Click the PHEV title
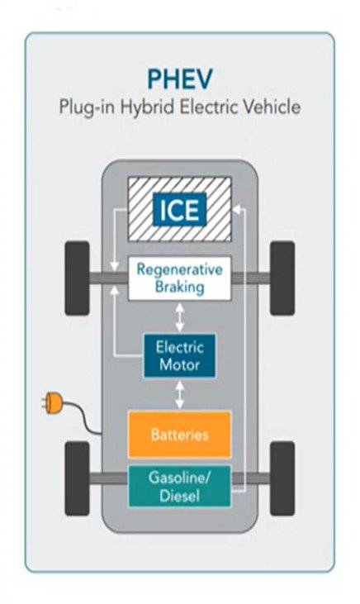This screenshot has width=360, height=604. pos(180,79)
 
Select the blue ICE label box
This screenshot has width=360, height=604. pos(179,210)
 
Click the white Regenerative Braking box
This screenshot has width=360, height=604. pos(179,278)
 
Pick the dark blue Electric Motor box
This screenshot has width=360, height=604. pos(179,356)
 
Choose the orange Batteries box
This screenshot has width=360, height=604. pos(179,434)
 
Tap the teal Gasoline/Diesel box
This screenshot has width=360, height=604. pos(179,486)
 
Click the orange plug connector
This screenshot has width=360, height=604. pos(52,403)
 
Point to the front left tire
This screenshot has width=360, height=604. pos(77,278)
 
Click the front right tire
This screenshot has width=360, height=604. pos(282,278)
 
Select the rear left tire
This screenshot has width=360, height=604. pos(77,478)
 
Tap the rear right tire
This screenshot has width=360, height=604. pos(282,478)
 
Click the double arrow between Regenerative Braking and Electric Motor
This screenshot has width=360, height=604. pos(180,317)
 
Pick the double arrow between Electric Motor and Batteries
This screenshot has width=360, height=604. pos(180,395)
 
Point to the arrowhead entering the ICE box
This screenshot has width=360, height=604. pos(237,210)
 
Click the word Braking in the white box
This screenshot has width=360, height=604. pos(179,288)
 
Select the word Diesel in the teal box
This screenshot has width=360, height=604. pos(179,496)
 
